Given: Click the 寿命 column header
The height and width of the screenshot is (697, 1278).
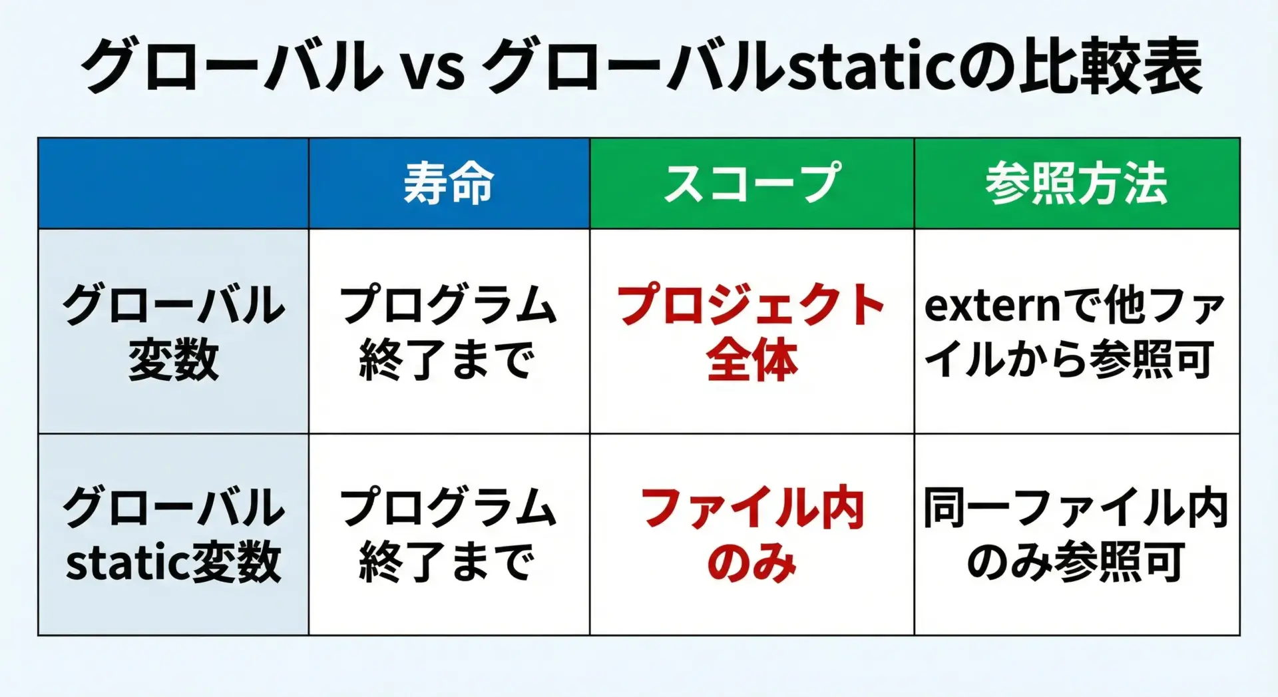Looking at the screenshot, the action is click(449, 183).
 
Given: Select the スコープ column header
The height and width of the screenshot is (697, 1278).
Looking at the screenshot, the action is click(752, 183).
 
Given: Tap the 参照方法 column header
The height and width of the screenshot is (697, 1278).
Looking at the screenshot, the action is click(1077, 183).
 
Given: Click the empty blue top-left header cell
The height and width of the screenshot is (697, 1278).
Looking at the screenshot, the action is click(174, 183).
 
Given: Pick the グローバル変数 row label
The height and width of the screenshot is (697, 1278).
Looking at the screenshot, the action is click(174, 332).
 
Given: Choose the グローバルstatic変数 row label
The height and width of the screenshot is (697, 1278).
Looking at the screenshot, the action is click(174, 535).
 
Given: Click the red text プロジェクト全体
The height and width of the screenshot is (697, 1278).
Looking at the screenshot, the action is click(751, 332).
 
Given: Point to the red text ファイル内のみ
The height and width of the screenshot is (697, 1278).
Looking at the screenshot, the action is click(752, 535).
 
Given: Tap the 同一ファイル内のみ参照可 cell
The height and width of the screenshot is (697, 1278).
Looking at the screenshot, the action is click(1076, 535).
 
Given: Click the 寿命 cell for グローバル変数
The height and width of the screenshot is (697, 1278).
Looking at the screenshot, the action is click(448, 332).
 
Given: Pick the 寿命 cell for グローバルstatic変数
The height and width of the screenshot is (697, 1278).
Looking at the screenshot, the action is click(448, 535).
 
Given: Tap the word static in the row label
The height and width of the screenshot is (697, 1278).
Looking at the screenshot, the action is click(119, 563).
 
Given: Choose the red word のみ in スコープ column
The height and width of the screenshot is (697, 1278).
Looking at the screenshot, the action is click(752, 563).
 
